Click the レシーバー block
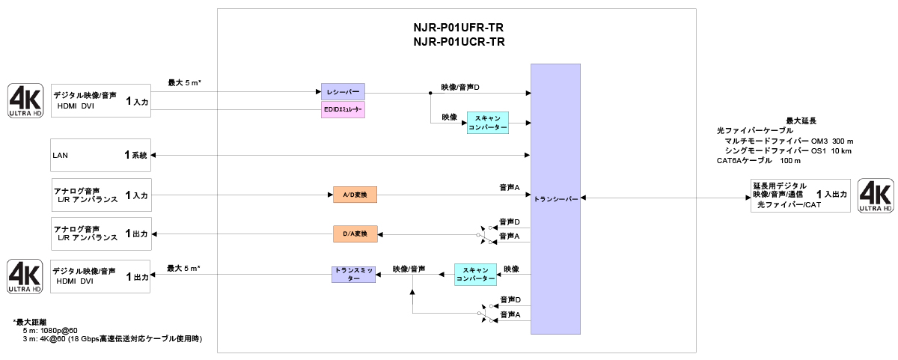(343, 92)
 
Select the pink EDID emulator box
(343, 110)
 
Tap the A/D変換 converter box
(355, 195)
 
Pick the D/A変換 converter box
(355, 234)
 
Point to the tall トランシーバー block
(556, 199)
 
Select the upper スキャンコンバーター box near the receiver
(488, 123)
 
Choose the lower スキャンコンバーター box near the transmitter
(476, 274)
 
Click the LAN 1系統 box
(101, 156)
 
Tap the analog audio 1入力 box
(101, 195)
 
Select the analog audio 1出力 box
(101, 234)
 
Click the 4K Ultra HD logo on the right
(876, 196)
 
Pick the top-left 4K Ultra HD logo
(25, 101)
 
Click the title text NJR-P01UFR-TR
(459, 28)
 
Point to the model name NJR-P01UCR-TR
(459, 43)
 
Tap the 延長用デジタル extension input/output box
(800, 195)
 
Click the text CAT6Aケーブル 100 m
(758, 160)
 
